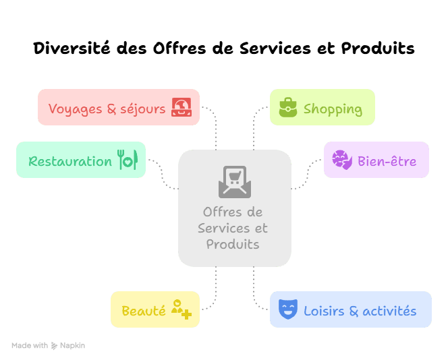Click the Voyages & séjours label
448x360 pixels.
click(107, 109)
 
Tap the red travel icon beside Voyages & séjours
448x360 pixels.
click(181, 108)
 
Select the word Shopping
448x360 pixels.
click(333, 109)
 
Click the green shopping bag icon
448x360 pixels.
click(288, 108)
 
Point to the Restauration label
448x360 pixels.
click(70, 161)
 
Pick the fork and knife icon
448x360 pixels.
click(127, 160)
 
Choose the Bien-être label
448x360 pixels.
click(387, 161)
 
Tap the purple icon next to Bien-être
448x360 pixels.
click(342, 160)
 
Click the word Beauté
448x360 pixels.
click(143, 311)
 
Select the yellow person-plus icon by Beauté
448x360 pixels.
click(181, 309)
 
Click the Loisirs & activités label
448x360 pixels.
click(360, 311)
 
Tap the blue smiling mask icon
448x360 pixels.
click(288, 310)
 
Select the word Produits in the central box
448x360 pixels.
click(233, 244)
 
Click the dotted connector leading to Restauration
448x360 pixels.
click(162, 173)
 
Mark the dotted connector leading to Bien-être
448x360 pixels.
click(308, 174)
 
